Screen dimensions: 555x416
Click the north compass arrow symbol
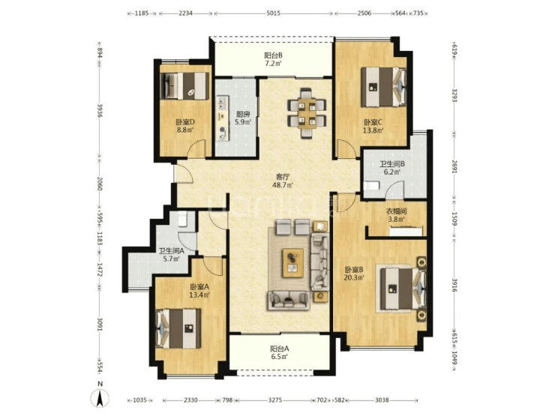(100, 399)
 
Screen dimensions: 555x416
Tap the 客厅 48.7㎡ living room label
(282, 181)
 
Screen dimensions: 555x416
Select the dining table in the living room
(307, 113)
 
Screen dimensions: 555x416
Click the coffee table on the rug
(292, 263)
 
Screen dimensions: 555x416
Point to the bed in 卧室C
(383, 87)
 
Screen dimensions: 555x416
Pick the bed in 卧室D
(184, 86)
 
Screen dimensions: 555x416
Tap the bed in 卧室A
(178, 328)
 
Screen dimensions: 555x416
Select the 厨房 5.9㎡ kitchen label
(243, 118)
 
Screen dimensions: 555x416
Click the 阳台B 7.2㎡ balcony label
(273, 59)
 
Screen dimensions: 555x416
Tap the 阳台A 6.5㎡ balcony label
(280, 352)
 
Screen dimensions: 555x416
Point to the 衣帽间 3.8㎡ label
(396, 215)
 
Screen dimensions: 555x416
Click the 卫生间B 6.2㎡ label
(392, 168)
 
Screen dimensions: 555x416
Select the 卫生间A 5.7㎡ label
(171, 255)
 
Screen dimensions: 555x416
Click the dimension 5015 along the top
(273, 13)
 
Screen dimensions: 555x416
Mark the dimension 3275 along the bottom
(275, 400)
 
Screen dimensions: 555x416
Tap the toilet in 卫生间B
(371, 186)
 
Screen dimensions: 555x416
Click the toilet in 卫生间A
(182, 219)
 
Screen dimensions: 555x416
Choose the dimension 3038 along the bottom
(382, 400)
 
